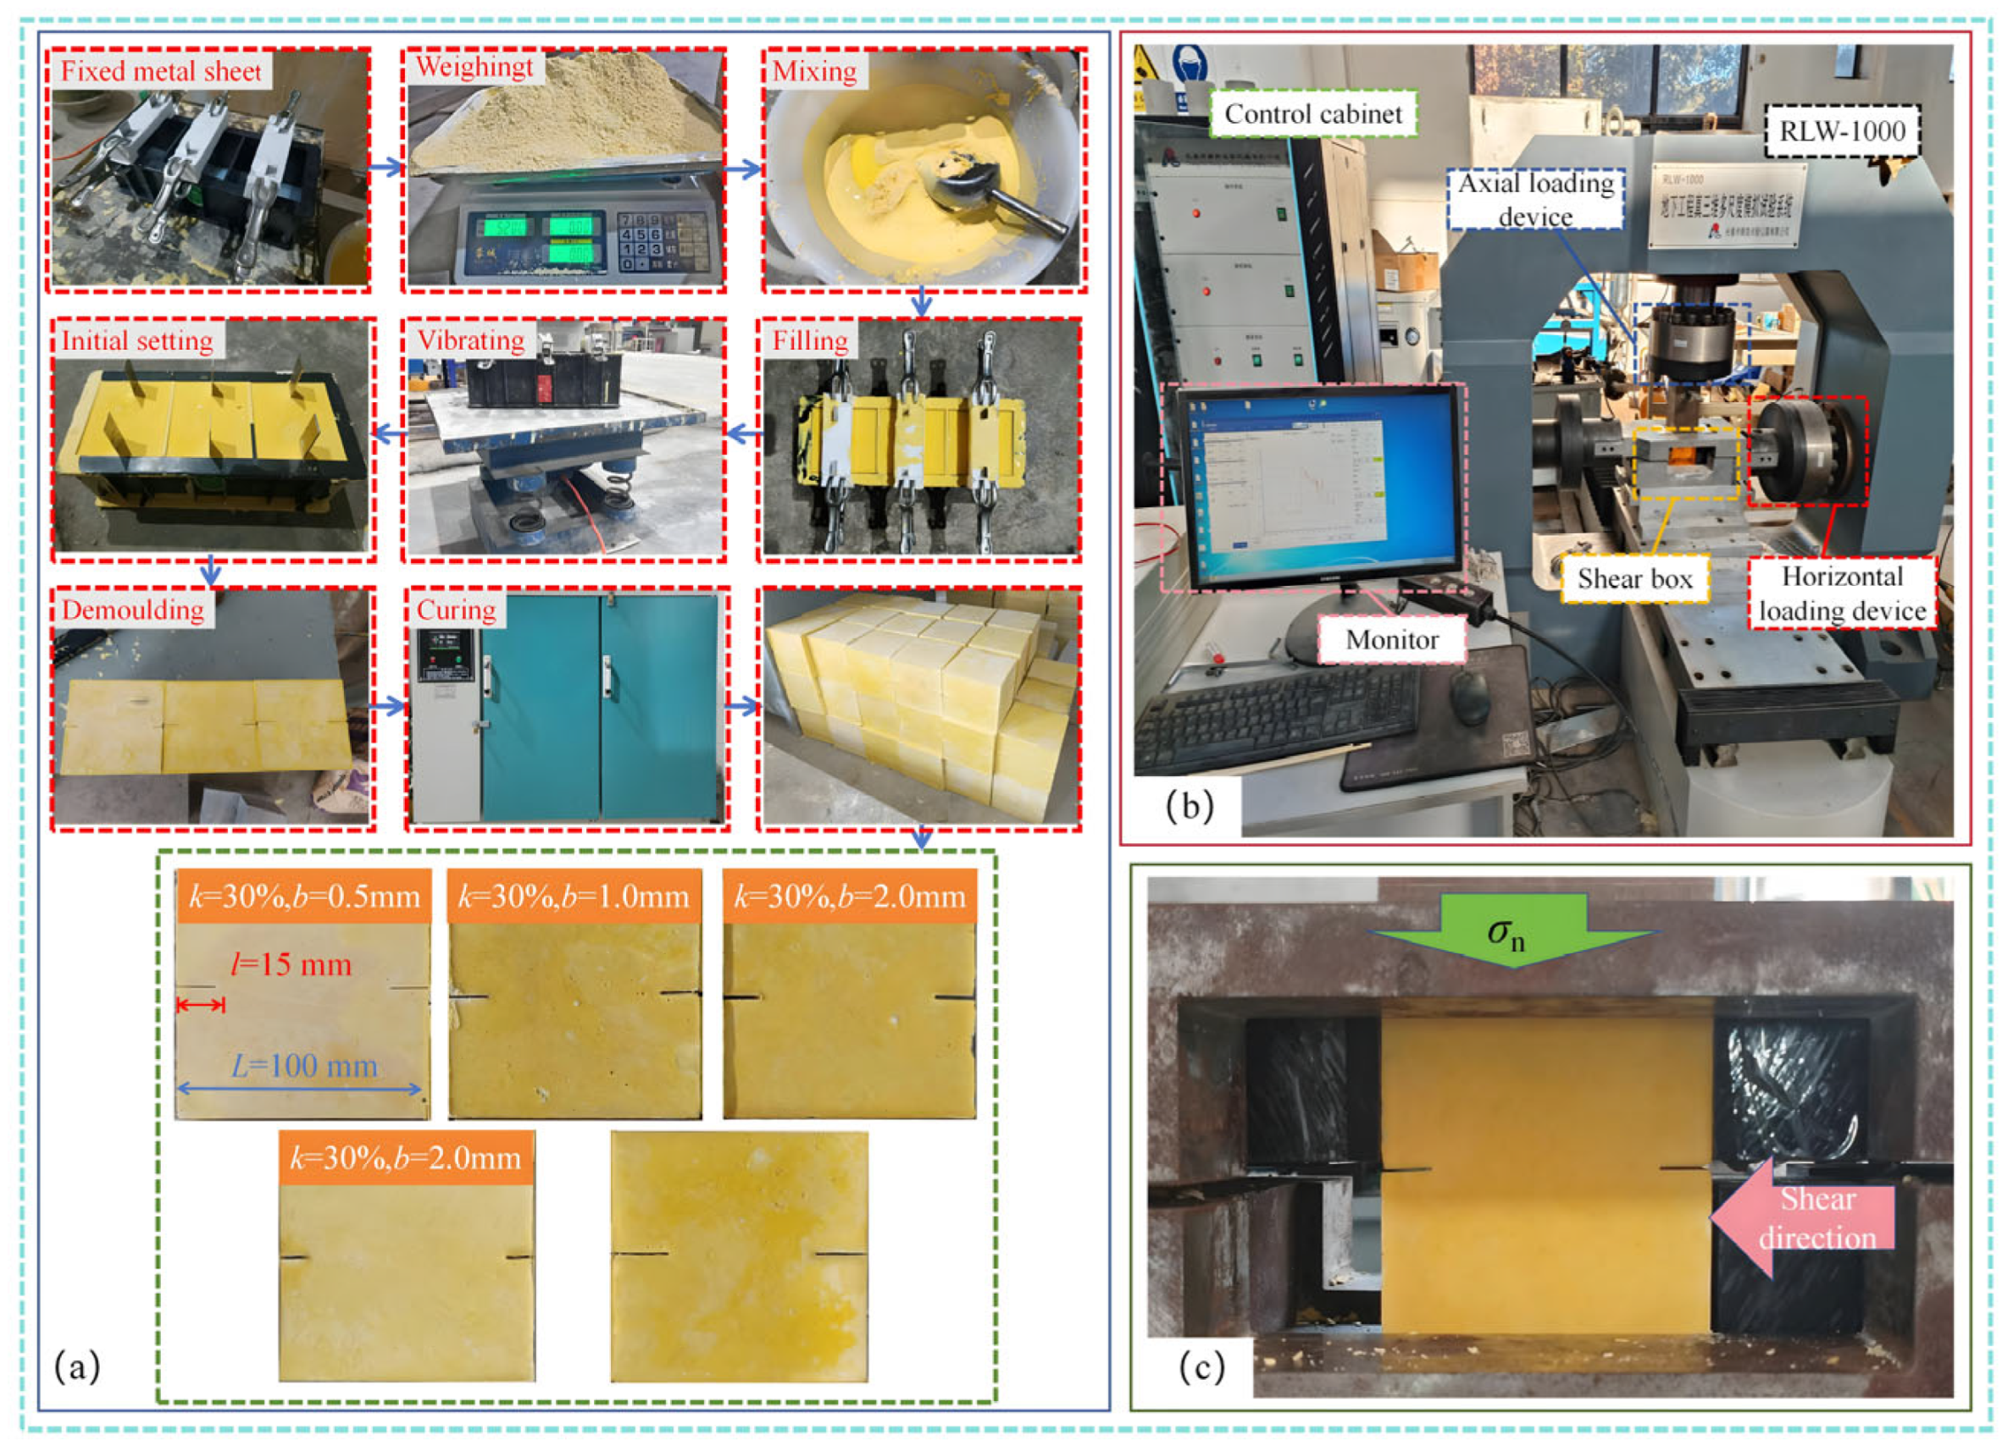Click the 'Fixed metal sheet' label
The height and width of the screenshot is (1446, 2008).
point(161,71)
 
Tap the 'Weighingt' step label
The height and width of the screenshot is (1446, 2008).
point(474,67)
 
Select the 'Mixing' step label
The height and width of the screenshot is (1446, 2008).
point(814,71)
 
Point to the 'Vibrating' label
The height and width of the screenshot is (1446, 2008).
point(470,340)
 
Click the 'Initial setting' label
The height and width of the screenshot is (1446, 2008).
point(137,340)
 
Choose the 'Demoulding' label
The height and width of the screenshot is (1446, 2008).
point(133,610)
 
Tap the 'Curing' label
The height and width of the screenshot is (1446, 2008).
point(456,610)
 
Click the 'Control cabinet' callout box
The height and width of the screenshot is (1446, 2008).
point(1313,114)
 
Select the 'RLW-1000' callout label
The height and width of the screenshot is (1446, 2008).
point(1842,131)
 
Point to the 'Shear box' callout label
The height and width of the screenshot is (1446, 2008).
point(1634,579)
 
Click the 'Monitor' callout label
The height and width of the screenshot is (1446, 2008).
point(1392,640)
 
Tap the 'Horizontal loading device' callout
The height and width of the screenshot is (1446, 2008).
point(1842,593)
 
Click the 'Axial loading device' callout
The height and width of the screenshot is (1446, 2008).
point(1536,200)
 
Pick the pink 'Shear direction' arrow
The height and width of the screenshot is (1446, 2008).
point(1806,1217)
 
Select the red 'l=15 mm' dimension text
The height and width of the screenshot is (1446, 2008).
point(291,964)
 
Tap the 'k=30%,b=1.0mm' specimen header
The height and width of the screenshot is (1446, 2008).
point(574,897)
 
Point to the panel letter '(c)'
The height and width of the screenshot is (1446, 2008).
point(1201,1367)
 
